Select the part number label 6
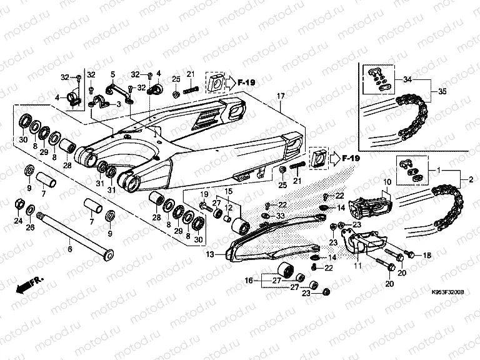tap(69, 249)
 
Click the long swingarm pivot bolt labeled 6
tap(75, 234)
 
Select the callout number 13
tap(209, 254)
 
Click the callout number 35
tap(442, 92)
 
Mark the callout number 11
tap(358, 266)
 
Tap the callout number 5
tap(113, 74)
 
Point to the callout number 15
tap(228, 190)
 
